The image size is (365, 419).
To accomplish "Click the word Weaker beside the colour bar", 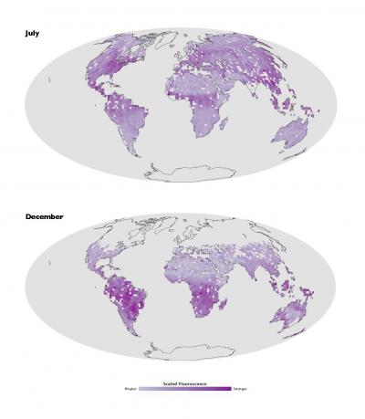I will coord(130,389).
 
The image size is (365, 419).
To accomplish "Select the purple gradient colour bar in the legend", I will coord(182,389).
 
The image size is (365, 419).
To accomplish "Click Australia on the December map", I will coord(295,318).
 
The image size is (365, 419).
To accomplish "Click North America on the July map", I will coord(91,68).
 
